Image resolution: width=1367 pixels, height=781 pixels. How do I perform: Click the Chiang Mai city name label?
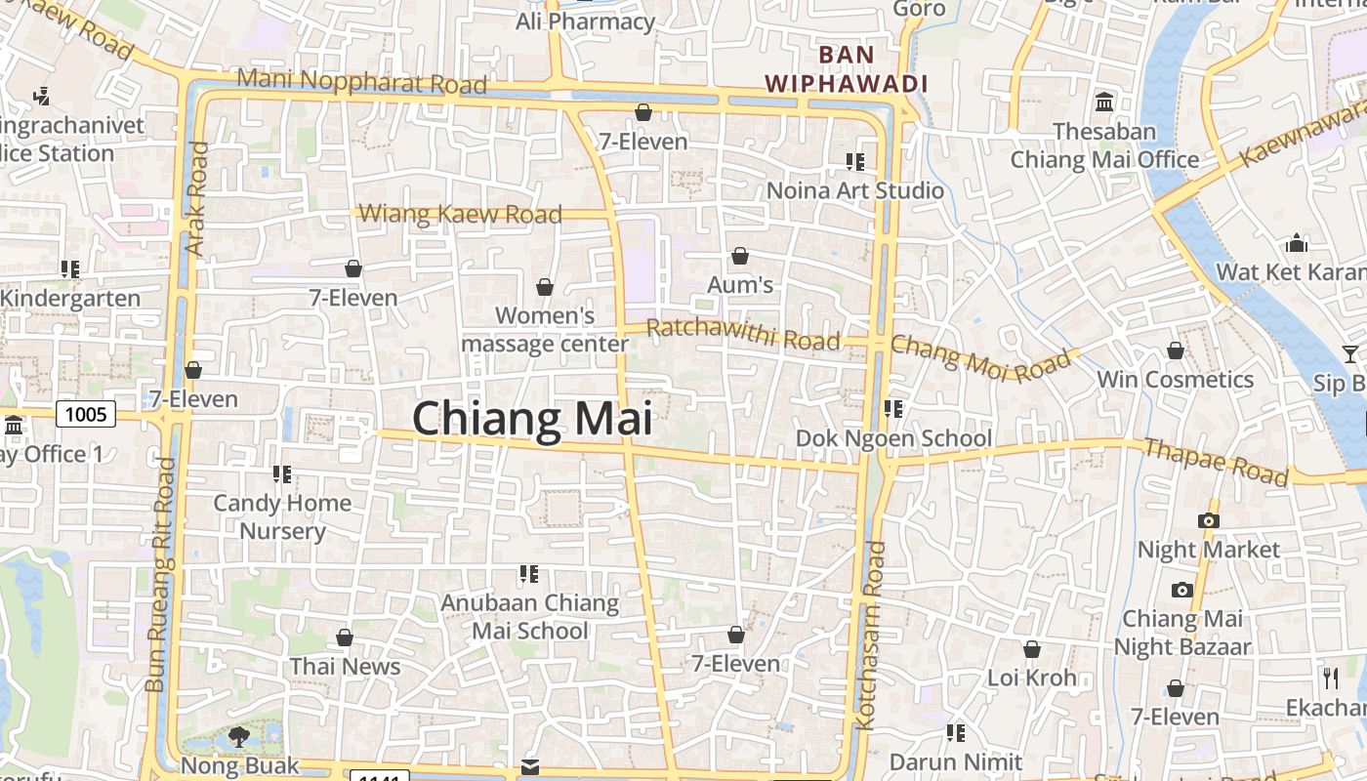tap(532, 419)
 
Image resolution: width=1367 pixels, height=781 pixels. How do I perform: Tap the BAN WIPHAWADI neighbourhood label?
tap(847, 69)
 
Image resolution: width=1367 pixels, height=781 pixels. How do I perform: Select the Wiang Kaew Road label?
tap(461, 214)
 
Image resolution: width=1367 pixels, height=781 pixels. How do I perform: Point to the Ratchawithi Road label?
tap(743, 334)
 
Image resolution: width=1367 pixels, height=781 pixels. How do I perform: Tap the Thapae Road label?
tap(1216, 462)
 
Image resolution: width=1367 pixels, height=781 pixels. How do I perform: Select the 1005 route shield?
tap(86, 415)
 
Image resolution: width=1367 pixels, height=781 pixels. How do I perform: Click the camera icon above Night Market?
tap(1209, 521)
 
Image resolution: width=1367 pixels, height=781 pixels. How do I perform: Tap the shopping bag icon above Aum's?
tap(740, 257)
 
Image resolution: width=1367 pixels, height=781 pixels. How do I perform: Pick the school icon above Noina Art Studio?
tap(855, 161)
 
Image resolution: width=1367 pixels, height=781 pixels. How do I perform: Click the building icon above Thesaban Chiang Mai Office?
tap(1105, 102)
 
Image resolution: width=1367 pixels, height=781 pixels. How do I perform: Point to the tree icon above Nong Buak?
tap(239, 736)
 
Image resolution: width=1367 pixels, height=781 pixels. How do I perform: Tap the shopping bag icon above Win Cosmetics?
tap(1176, 350)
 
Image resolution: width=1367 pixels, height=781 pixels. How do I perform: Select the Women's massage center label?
tap(545, 330)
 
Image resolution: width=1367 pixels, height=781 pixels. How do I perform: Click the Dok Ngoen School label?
tap(893, 438)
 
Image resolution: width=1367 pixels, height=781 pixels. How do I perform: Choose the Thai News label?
tap(345, 667)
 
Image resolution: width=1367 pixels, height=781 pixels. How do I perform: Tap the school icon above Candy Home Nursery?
tap(282, 474)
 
